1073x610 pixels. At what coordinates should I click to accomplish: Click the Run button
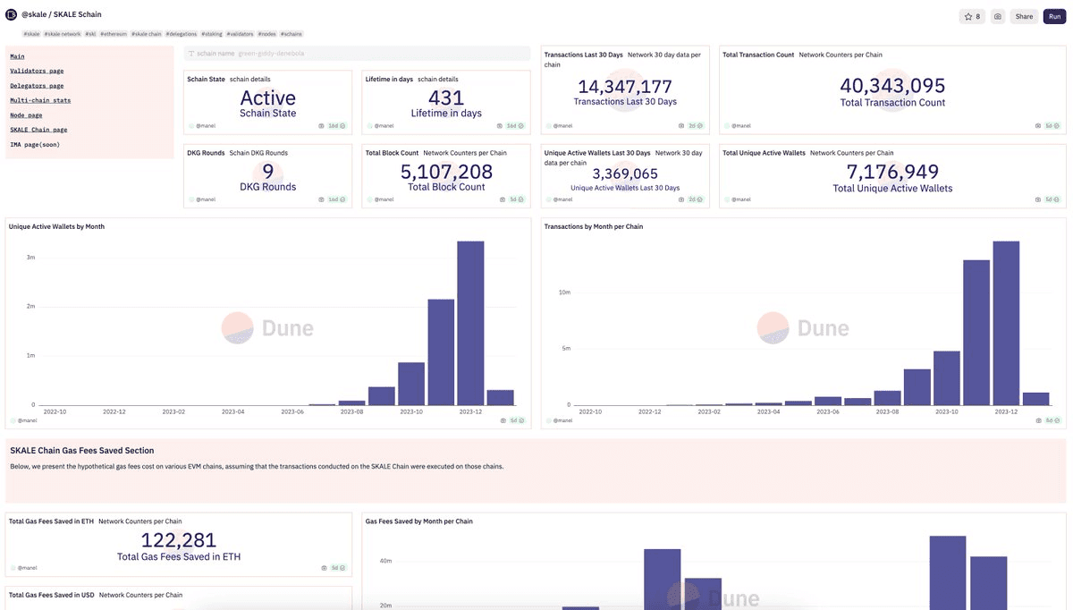coord(1054,16)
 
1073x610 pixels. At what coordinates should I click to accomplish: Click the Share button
coord(1024,16)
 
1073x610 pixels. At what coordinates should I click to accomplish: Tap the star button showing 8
coord(971,16)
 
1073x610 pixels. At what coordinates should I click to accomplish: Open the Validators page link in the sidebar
coord(37,71)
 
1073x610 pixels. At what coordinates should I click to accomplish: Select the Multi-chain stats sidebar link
coord(40,100)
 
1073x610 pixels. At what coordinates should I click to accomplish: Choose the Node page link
coord(26,115)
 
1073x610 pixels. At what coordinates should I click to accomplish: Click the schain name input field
coord(358,54)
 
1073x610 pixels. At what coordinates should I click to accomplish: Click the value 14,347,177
coord(625,87)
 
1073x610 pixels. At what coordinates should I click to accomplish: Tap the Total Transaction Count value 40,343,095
coord(892,86)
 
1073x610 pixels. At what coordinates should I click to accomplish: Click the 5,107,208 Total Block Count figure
coord(446,172)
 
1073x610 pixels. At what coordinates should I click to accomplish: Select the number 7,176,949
coord(892,172)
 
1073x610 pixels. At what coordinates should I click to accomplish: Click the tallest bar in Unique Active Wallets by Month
coord(470,322)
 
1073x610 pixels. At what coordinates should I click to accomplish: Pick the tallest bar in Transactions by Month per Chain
coord(1006,322)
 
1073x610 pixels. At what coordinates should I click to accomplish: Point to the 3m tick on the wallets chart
coord(30,258)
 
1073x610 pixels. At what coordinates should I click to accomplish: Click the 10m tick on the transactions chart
coord(564,292)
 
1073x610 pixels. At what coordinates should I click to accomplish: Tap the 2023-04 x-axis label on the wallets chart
coord(233,412)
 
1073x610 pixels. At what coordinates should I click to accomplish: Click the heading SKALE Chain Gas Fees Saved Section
coord(82,451)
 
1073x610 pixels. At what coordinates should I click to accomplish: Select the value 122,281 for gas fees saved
coord(179,540)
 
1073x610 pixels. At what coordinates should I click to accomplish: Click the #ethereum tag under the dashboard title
coord(114,34)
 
